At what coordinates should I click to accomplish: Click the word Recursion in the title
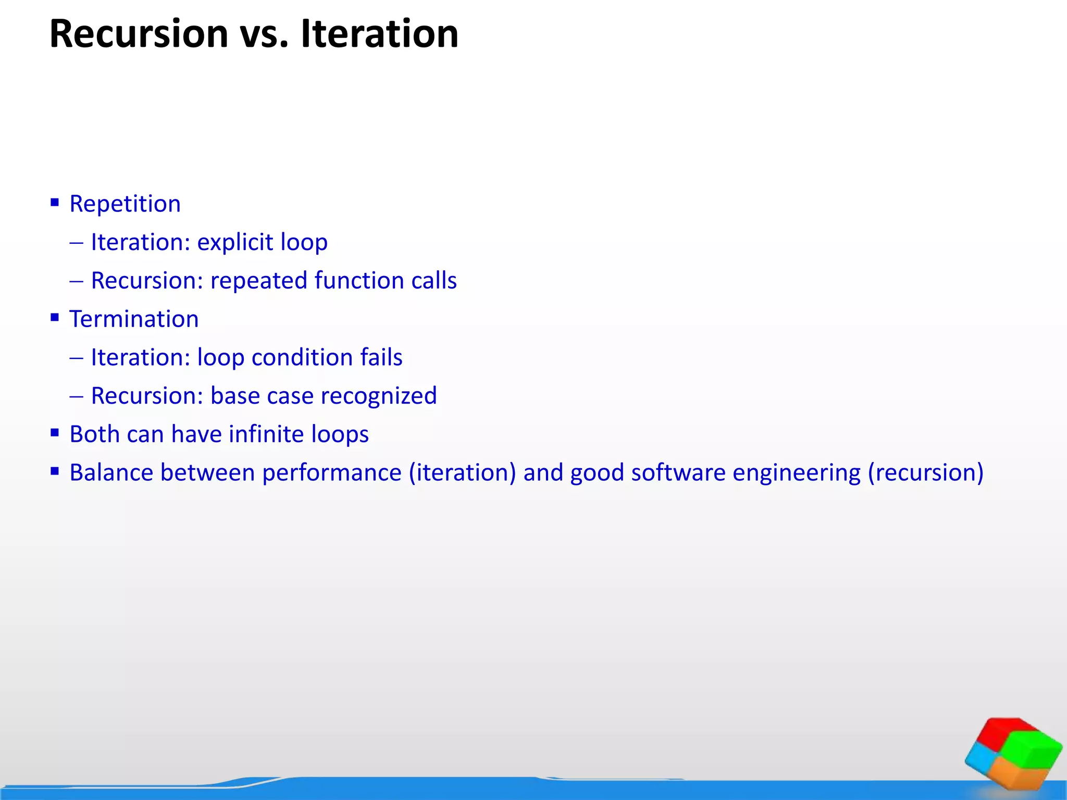[x=139, y=34]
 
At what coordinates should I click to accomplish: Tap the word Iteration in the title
[x=380, y=34]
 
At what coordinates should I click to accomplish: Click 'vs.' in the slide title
[x=264, y=35]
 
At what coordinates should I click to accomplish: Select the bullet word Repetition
[x=125, y=204]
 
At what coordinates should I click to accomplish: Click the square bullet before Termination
[x=55, y=317]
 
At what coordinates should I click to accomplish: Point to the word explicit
[x=235, y=242]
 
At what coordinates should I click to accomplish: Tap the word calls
[x=433, y=281]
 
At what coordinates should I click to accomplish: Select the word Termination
[x=134, y=319]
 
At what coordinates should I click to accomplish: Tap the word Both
[x=94, y=434]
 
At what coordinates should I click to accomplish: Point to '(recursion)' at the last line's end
[x=925, y=473]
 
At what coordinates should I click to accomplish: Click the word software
[x=678, y=473]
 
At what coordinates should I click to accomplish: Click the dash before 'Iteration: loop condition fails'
[x=76, y=358]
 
